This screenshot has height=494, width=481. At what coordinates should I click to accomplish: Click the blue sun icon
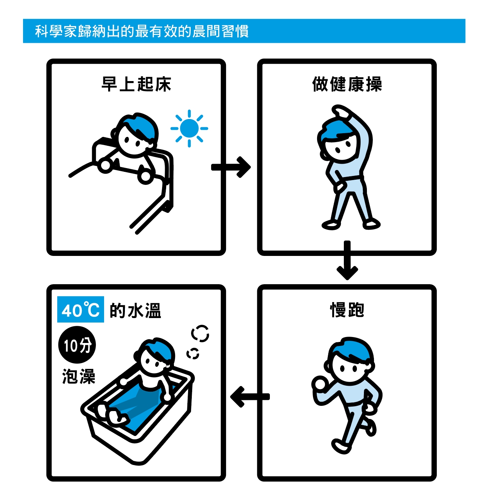tap(189, 128)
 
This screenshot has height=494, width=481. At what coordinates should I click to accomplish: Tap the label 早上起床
tap(136, 84)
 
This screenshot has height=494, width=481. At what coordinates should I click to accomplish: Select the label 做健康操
tap(347, 84)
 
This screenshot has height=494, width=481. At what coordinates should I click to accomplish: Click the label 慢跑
tap(347, 309)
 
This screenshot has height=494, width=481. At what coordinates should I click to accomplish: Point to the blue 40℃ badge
tap(81, 309)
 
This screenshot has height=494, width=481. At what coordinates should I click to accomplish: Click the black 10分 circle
tap(77, 345)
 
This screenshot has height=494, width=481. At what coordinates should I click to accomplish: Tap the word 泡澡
tap(78, 376)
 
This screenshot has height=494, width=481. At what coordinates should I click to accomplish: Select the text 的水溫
tap(135, 310)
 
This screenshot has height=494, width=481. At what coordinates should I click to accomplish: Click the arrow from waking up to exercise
tap(231, 167)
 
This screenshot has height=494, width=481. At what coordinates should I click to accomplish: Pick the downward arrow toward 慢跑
tap(347, 260)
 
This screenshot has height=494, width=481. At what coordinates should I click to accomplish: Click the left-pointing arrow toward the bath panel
tap(249, 397)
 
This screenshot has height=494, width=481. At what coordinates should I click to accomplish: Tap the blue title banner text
tap(142, 31)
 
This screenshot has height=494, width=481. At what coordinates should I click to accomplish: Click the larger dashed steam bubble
tap(200, 333)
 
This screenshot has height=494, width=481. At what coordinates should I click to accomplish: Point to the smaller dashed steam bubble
tap(193, 353)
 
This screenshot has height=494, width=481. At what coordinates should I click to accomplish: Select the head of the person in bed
tap(136, 135)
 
